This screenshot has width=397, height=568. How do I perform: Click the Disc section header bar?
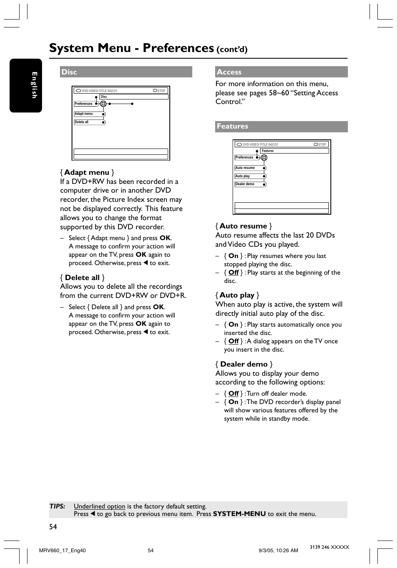pos(126,72)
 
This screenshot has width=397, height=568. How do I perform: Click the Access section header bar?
pos(281,72)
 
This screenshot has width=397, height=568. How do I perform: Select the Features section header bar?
pos(281,126)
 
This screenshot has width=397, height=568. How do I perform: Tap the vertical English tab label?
pos(34,85)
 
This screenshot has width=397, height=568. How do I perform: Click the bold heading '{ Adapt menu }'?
pos(87,172)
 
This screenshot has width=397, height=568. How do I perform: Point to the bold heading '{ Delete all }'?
pos(82,278)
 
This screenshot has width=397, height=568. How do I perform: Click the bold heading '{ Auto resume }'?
pos(243,226)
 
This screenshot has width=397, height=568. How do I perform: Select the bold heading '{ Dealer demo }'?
pos(244,364)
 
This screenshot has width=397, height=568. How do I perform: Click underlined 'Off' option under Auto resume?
pos(233,273)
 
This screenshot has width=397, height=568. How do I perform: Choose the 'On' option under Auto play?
pos(233,325)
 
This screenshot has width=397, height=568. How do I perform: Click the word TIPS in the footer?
pos(57,506)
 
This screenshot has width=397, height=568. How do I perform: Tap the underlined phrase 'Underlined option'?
pos(99,506)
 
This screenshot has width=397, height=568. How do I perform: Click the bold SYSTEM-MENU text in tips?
pos(239,514)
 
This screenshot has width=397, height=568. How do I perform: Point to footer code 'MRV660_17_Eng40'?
pos(62,551)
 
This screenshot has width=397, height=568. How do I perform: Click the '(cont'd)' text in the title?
pos(232,50)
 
